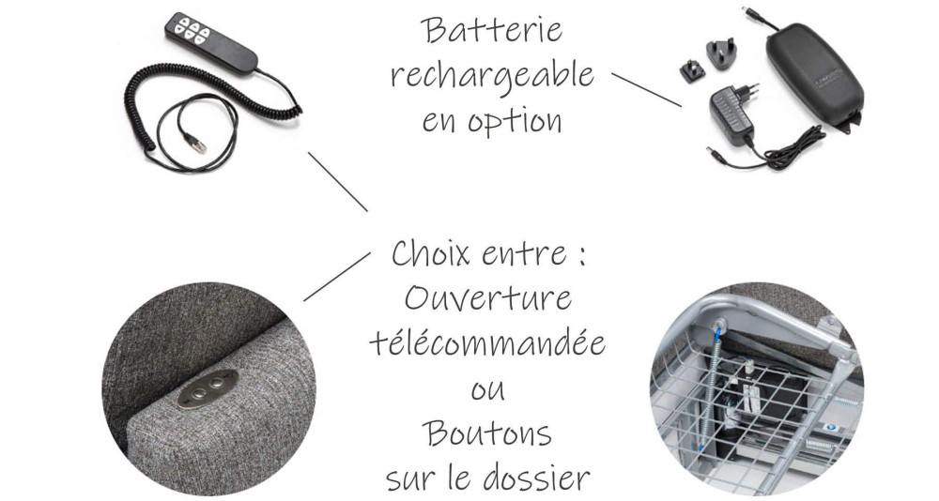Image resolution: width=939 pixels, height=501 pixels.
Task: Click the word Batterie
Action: click(x=492, y=30)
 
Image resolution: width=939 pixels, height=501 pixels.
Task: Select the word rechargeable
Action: click(x=492, y=75)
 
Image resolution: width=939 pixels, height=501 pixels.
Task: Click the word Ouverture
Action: click(x=487, y=298)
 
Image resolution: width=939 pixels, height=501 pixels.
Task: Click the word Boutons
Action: click(x=486, y=433)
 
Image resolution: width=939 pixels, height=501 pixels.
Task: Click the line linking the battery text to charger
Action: click(x=646, y=88)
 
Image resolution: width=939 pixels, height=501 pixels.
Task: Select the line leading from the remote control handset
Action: click(x=337, y=181)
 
